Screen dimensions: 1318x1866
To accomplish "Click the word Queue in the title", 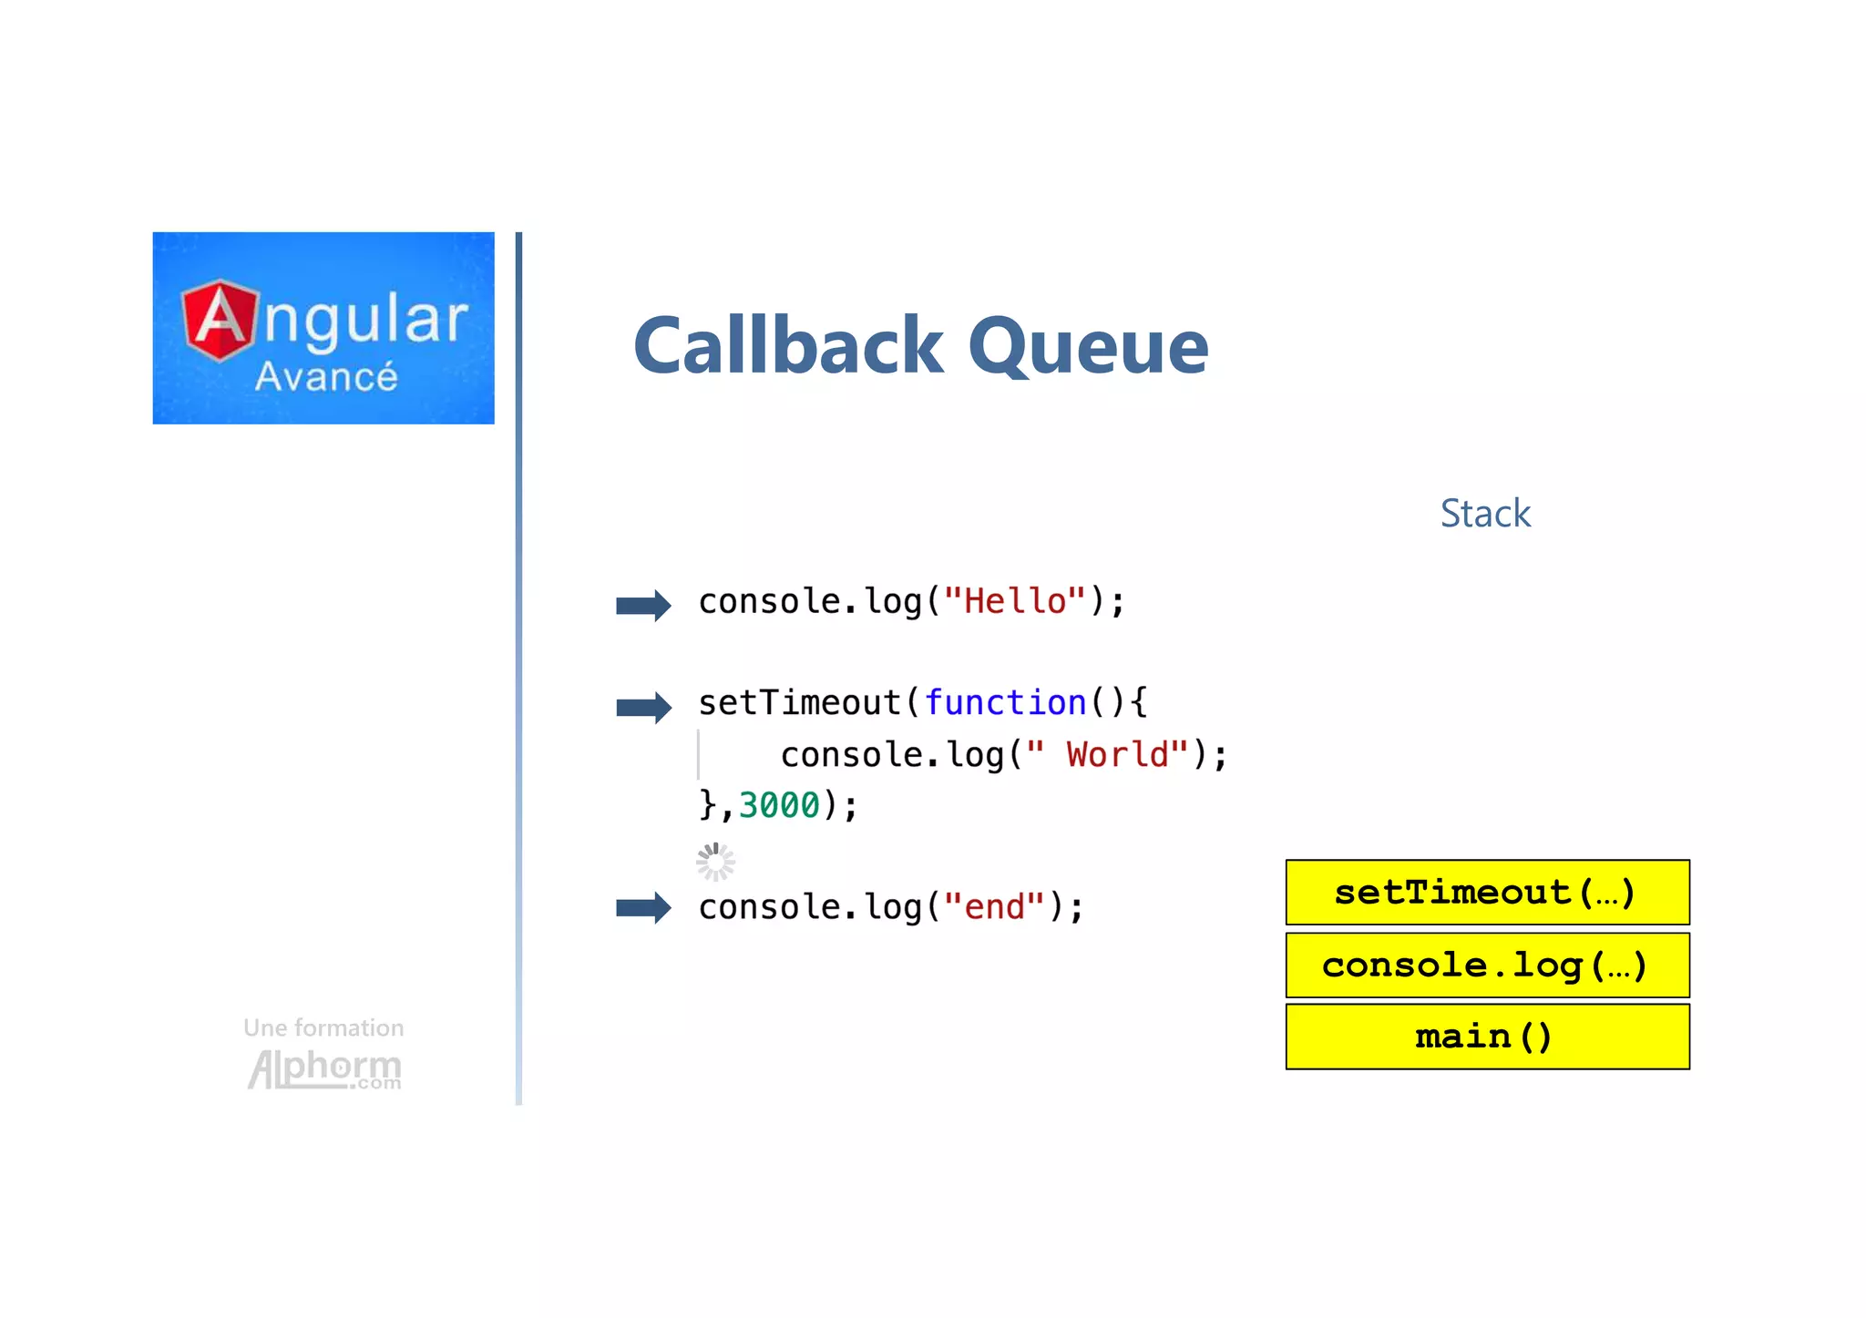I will point(1088,348).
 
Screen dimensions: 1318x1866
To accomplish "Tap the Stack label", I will point(1484,514).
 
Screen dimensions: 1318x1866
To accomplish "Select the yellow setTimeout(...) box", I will point(1486,893).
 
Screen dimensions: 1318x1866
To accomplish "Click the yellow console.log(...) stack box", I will point(1486,966).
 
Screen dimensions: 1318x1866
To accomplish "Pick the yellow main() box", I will point(1486,1037).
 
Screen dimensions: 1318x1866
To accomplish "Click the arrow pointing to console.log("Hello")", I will point(643,605).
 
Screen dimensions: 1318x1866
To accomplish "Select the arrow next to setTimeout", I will point(643,707).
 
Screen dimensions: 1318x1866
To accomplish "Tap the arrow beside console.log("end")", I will point(643,907).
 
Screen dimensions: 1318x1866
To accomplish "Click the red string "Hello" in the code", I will point(1015,601).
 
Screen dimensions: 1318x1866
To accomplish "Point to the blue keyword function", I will point(1005,703).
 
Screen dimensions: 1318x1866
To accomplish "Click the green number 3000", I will point(779,805).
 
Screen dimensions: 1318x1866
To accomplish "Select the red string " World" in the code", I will point(1107,755).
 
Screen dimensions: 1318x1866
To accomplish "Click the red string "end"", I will point(994,907).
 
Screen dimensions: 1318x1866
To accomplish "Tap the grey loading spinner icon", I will point(715,862).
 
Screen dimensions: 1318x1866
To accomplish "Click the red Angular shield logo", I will point(220,321).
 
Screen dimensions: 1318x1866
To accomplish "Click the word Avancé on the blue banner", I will point(326,377).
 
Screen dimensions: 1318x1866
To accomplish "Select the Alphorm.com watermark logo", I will point(324,1069).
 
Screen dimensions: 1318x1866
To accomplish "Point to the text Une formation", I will point(323,1028).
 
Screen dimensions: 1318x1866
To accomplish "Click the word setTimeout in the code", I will point(799,703).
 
